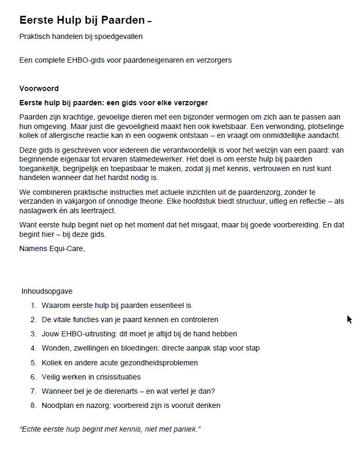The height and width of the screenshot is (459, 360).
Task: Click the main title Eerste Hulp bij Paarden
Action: (x=82, y=21)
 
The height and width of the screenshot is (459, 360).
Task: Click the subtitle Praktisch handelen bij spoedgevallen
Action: (x=81, y=36)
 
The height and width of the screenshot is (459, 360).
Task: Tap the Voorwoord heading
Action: (x=39, y=88)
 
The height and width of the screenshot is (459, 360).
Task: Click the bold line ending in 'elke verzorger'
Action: (x=114, y=103)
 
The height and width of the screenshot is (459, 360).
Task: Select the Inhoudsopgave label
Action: (x=47, y=291)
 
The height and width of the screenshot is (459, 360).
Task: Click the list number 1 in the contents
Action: (x=33, y=305)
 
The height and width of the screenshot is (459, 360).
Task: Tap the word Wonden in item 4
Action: (x=54, y=348)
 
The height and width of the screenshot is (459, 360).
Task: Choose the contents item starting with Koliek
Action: (x=119, y=363)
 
